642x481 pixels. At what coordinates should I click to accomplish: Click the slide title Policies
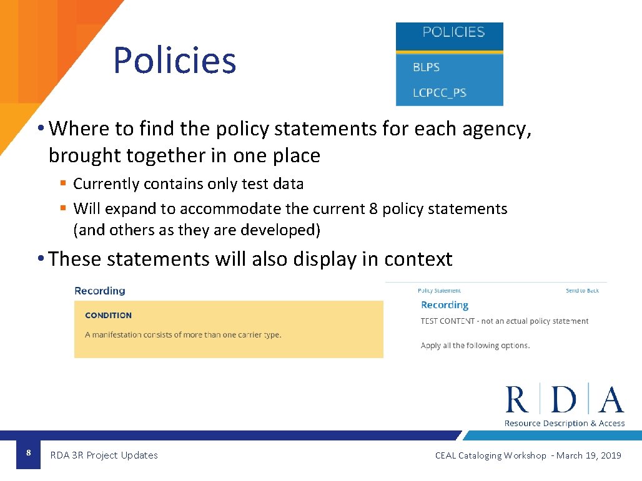tap(174, 61)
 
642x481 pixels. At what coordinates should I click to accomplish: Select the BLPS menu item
tap(427, 67)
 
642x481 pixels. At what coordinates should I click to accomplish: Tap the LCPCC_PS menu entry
tap(440, 93)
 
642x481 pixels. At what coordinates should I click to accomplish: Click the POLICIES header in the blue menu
tap(453, 32)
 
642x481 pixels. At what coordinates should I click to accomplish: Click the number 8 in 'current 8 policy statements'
tap(373, 208)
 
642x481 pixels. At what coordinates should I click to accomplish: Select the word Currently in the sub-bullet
tap(106, 184)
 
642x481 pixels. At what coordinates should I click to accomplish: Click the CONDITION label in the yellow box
tap(108, 316)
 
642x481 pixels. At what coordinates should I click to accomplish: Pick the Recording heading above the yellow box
tap(100, 291)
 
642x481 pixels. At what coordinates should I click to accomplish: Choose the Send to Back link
tap(582, 291)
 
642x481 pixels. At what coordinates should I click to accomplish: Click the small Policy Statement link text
tap(439, 291)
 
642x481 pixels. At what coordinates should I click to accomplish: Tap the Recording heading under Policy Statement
tap(445, 305)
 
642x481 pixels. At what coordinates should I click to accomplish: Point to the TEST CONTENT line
tap(505, 321)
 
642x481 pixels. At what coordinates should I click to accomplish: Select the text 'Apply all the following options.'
tap(475, 346)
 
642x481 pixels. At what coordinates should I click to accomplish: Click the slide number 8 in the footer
tap(28, 452)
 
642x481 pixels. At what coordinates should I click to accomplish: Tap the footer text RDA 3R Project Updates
tap(104, 455)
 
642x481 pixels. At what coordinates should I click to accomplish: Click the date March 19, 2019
tap(588, 455)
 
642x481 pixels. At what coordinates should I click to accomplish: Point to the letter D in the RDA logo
tap(564, 400)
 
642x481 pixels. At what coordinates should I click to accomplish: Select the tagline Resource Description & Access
tap(565, 424)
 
